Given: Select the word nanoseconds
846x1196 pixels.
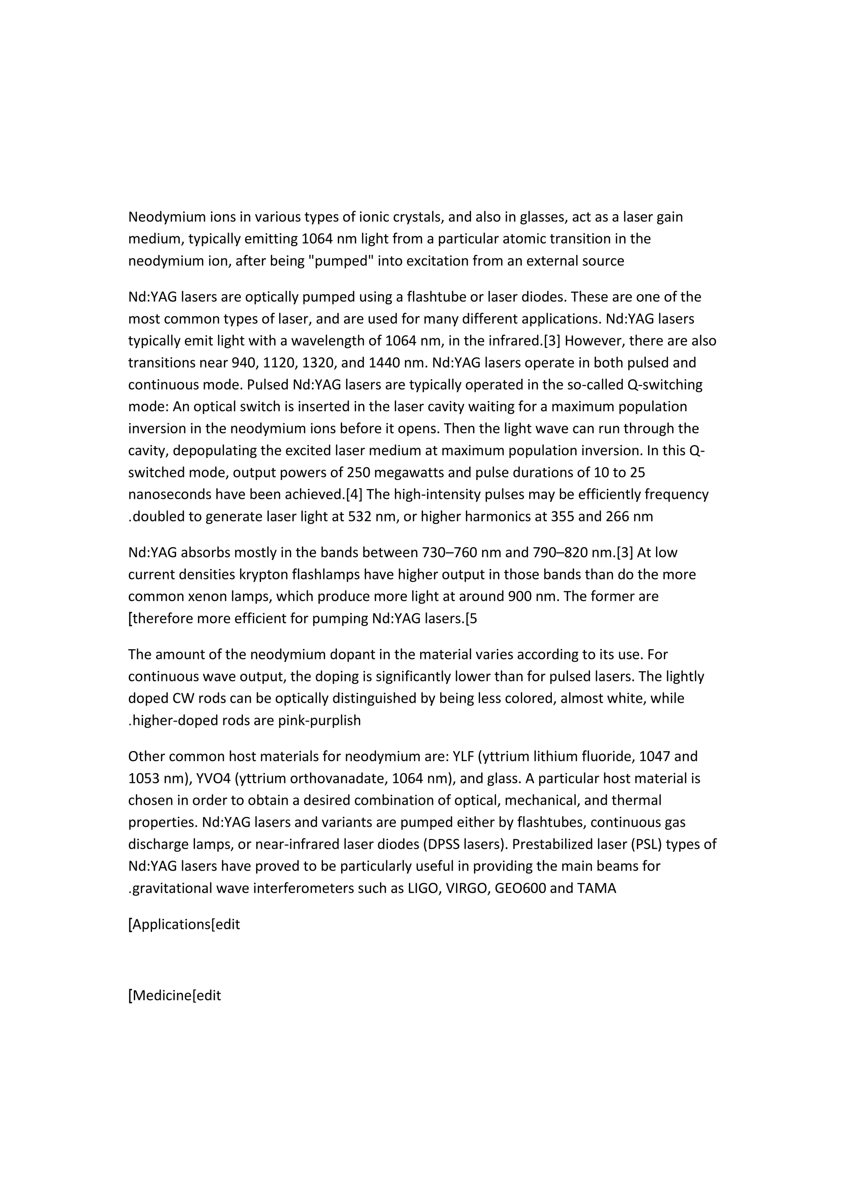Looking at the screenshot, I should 170,494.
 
